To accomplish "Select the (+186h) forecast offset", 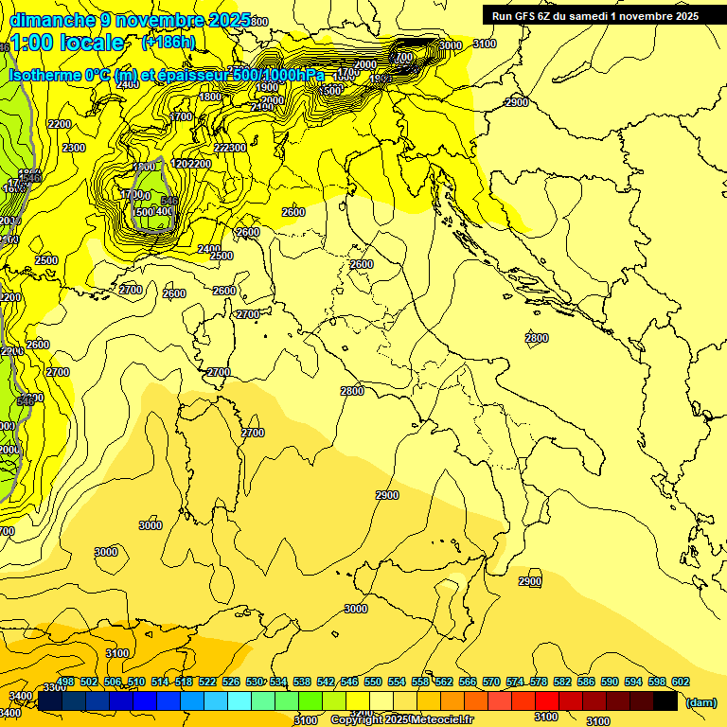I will tap(168, 43).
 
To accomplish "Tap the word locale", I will tap(92, 43).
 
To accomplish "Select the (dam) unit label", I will tap(700, 702).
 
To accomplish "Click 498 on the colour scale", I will tap(65, 682).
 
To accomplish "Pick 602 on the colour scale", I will tap(680, 682).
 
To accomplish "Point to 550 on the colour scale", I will tap(373, 682).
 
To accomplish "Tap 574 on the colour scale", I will tap(515, 682).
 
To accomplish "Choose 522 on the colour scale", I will tap(207, 682).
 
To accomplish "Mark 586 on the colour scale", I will tap(586, 682).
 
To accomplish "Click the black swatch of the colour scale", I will tap(665, 701).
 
